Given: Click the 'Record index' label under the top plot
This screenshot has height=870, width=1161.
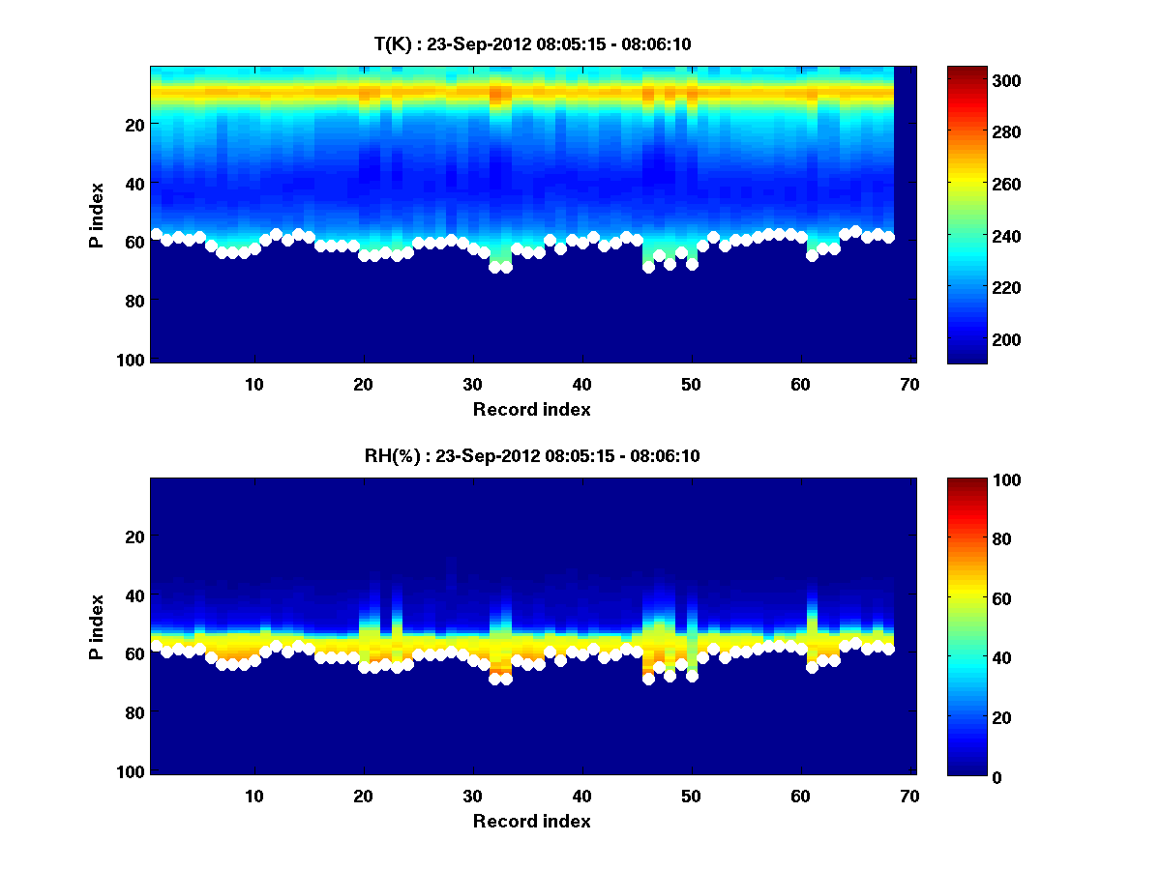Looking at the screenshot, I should [x=531, y=409].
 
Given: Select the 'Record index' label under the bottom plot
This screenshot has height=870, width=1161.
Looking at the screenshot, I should [x=531, y=821].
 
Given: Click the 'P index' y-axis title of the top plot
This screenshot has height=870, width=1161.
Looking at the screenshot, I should [x=97, y=214].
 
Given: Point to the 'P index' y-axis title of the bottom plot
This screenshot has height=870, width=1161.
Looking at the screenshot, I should [x=97, y=625].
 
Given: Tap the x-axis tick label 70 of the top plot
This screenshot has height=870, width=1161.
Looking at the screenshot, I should [x=908, y=384].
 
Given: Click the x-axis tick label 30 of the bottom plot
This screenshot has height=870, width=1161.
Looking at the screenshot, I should [x=472, y=796].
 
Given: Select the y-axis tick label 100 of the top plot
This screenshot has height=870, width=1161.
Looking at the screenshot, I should [x=133, y=360].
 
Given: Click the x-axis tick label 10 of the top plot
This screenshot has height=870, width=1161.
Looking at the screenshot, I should [x=253, y=384].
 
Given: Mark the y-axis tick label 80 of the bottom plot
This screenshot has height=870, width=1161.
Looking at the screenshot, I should [x=136, y=713].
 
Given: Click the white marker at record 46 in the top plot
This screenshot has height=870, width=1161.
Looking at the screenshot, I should [x=648, y=267].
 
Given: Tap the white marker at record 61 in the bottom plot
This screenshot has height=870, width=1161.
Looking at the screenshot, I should [x=812, y=667].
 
